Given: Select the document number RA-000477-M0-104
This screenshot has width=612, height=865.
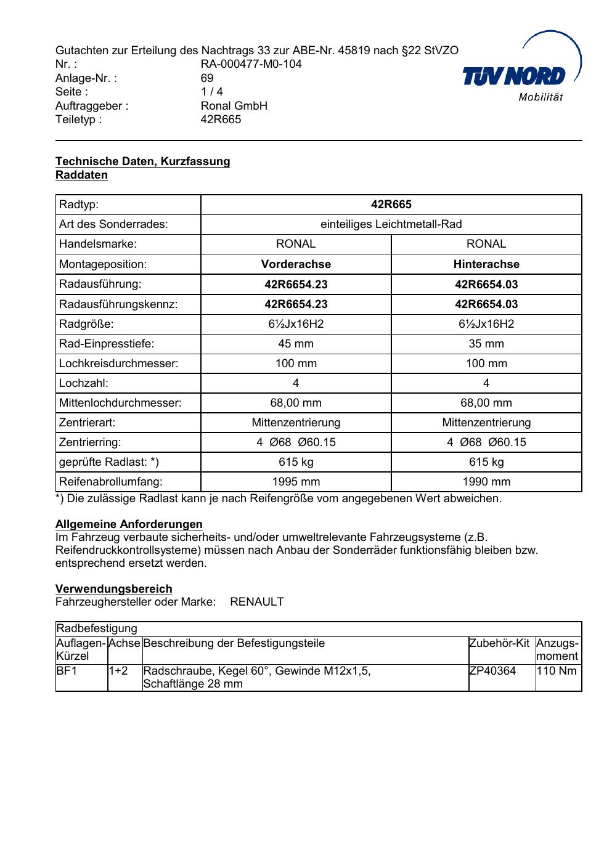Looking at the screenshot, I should (x=251, y=64).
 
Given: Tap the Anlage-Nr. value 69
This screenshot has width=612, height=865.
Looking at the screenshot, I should (x=207, y=78).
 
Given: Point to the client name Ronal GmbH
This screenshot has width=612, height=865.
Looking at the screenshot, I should (x=234, y=106).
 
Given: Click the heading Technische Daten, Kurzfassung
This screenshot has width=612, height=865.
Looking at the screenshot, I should (x=142, y=161).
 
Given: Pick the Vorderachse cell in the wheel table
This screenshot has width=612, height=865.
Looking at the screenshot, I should (x=296, y=264).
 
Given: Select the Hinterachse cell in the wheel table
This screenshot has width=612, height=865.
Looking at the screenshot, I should (x=486, y=264).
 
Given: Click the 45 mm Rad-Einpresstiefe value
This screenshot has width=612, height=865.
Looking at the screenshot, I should (x=296, y=344).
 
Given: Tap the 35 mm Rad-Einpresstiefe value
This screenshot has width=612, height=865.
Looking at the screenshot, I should (x=486, y=344).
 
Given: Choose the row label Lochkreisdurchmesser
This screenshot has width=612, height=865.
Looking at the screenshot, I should (x=118, y=363).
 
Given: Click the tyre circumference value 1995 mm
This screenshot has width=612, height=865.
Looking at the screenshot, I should (x=296, y=482).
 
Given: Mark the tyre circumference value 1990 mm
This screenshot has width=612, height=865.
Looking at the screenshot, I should (x=486, y=482).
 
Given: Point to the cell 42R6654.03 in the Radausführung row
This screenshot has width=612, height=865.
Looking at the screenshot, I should (x=486, y=284).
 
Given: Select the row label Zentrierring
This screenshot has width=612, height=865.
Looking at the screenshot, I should (x=90, y=442).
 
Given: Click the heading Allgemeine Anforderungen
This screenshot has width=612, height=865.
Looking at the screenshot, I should (x=129, y=524).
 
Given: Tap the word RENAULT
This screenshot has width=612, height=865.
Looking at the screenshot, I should (x=257, y=602).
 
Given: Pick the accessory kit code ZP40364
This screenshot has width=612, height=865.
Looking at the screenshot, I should (x=492, y=671).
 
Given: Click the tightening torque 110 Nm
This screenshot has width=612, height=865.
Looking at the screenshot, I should (x=557, y=671).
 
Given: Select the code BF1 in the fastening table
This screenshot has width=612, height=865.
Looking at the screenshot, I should (x=67, y=671).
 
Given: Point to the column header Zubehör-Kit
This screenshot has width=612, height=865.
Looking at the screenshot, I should (x=499, y=644).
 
